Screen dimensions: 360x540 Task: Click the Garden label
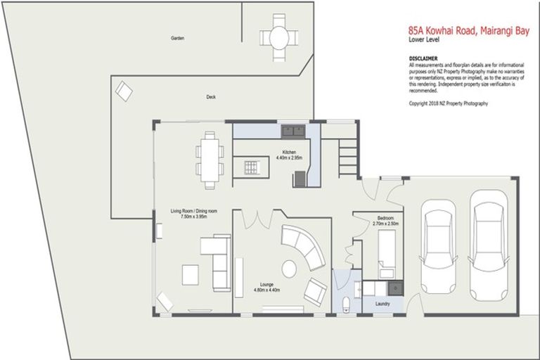(177, 38)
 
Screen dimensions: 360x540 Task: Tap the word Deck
(210, 97)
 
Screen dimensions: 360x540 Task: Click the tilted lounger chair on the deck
(123, 91)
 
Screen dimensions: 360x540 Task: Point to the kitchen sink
(292, 131)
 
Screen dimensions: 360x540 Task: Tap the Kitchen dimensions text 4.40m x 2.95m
(289, 159)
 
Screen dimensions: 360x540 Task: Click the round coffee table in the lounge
(289, 268)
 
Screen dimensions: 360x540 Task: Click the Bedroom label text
(386, 218)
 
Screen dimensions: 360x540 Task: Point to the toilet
(344, 304)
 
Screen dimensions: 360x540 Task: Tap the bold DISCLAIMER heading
(423, 58)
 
